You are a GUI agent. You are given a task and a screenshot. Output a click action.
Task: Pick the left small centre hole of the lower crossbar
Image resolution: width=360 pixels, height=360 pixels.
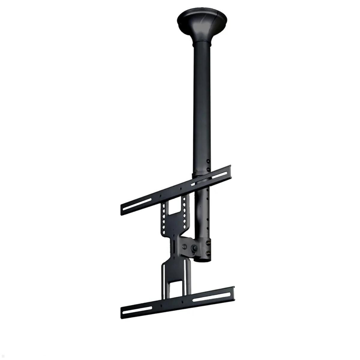[161, 306]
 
